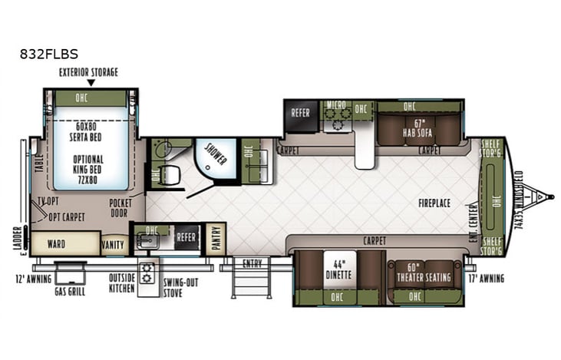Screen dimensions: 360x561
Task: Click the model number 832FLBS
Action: point(50,54)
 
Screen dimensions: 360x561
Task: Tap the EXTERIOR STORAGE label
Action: point(91,71)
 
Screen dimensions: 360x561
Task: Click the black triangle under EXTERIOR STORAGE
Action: point(91,82)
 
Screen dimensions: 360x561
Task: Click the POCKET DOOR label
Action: point(120,207)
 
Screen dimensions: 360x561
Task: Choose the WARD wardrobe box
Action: point(55,244)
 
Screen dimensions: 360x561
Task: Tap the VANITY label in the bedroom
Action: point(113,245)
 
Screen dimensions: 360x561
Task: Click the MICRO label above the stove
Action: point(335,105)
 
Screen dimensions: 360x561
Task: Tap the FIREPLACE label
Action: point(434,203)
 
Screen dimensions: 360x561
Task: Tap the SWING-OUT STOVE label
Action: point(180,287)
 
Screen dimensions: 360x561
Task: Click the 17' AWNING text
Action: point(486,278)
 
